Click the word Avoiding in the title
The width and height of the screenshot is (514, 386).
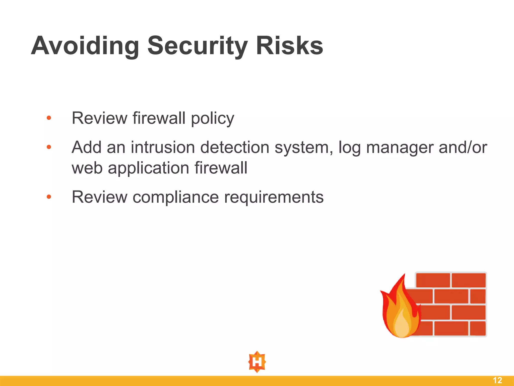[x=85, y=46]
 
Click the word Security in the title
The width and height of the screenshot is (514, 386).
[x=197, y=46]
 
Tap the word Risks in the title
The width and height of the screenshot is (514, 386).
[x=289, y=46]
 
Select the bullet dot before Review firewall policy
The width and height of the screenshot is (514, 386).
[x=49, y=118]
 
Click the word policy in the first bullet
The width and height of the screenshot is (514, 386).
[x=212, y=118]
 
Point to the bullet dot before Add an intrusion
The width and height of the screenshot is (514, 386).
[x=49, y=147]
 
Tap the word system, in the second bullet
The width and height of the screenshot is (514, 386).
[x=304, y=148]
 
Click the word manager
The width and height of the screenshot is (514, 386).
[x=400, y=148]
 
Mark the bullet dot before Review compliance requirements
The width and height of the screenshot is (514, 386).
[x=49, y=197]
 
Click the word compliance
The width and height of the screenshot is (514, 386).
[x=176, y=197]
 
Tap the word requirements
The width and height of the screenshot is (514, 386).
[x=274, y=197]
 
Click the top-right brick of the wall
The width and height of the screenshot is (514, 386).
[x=469, y=280]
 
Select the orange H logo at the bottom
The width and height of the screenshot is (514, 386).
[x=257, y=362]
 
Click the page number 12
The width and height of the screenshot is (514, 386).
[x=497, y=380]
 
